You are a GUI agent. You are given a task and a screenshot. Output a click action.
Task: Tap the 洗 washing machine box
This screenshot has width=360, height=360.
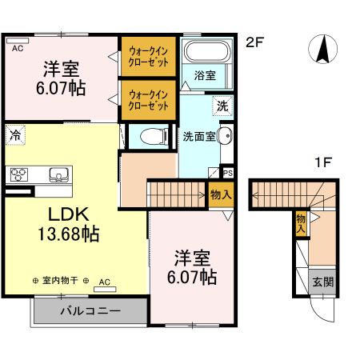(221, 105)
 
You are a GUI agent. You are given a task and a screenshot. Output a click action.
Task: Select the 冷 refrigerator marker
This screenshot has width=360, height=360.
(14, 135)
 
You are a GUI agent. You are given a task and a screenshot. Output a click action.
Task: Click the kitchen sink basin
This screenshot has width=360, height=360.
(58, 174)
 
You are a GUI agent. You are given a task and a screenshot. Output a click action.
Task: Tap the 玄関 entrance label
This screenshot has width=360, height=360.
(322, 282)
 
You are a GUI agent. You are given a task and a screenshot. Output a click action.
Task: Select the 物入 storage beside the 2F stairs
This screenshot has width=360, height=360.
(221, 194)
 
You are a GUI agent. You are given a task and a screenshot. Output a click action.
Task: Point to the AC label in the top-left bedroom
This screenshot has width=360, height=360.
(18, 47)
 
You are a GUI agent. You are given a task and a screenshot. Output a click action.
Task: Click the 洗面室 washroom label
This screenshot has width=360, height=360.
(199, 136)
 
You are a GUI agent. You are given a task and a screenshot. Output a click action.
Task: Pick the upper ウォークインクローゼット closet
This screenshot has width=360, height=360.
(148, 57)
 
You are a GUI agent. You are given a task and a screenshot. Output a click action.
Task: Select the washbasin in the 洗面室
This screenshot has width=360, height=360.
(225, 136)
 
